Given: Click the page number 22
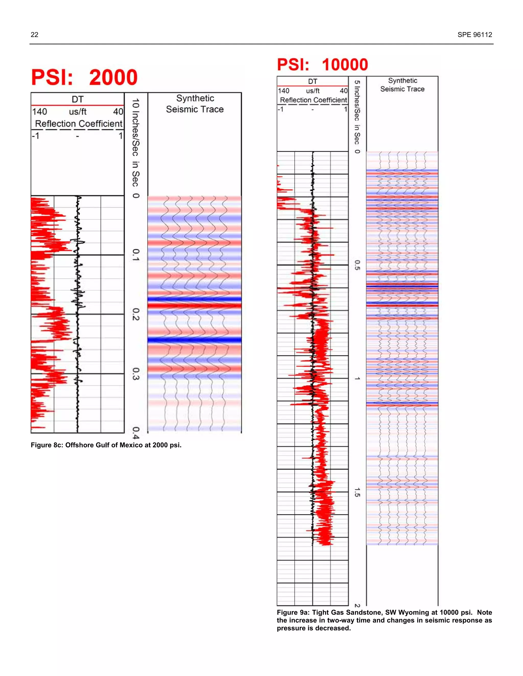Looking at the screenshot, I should click(34, 35).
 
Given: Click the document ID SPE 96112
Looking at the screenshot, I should click(475, 35).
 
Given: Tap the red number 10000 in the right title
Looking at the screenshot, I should click(345, 65).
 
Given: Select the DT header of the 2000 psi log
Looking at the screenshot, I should click(77, 99).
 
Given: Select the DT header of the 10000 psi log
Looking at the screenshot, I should click(312, 81).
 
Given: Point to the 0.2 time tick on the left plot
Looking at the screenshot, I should click(136, 314).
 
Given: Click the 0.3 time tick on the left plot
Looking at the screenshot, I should click(136, 374).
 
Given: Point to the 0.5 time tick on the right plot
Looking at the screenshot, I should click(357, 265).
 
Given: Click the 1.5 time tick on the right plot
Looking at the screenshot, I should click(357, 492).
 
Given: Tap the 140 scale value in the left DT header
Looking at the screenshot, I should click(40, 112).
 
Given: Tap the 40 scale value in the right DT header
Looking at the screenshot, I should click(344, 91).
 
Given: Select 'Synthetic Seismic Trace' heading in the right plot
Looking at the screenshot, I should click(402, 85).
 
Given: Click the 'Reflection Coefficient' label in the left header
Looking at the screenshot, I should click(78, 124).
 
